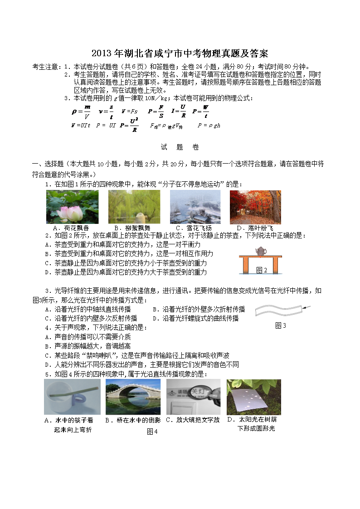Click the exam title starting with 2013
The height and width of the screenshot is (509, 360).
point(180,53)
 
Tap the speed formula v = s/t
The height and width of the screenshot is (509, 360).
point(106,111)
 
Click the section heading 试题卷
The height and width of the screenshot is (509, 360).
point(180,147)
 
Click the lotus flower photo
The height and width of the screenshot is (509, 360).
point(73,207)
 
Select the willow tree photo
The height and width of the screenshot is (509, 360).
point(134,207)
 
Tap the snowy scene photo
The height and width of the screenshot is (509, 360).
point(195,207)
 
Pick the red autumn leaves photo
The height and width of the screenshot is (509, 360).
point(255,207)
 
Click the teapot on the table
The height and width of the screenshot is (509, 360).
point(261,251)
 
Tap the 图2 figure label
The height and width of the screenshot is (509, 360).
point(262,270)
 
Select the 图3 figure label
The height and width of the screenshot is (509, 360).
point(281,325)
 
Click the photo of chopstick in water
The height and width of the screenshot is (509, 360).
point(72,397)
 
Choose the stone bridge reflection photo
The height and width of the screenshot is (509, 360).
point(133,397)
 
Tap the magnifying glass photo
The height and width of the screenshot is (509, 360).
point(193,397)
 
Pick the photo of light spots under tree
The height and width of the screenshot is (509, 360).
point(253,397)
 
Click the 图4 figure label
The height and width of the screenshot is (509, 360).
point(152,431)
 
